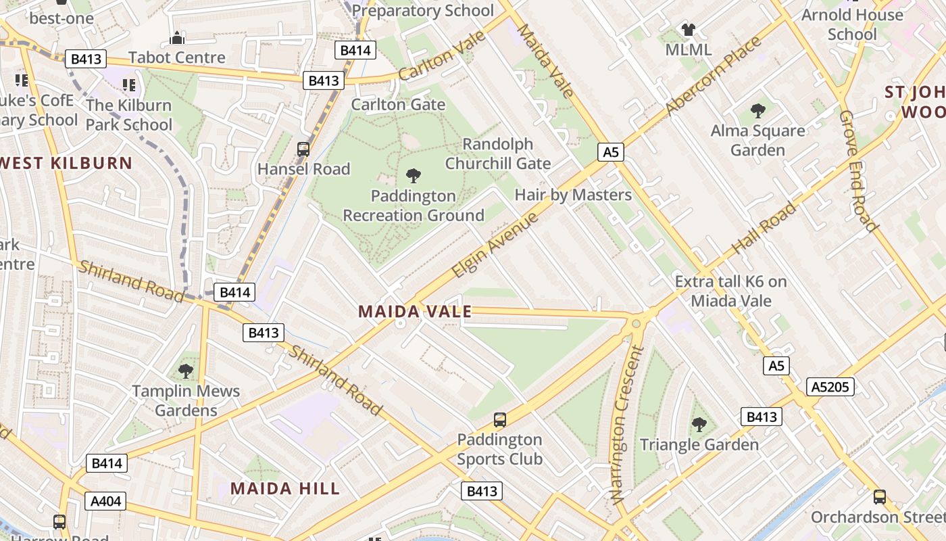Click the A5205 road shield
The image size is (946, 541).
click(830, 387)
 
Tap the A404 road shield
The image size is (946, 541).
click(105, 501)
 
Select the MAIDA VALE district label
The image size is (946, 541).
click(414, 312)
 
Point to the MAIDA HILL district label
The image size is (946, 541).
click(284, 488)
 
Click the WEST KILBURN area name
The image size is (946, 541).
click(66, 163)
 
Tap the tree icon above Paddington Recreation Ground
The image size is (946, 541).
click(413, 176)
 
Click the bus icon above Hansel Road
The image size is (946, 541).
click(303, 149)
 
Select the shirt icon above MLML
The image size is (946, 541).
click(688, 30)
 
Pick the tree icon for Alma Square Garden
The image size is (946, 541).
click(757, 111)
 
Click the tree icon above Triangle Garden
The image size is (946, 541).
click(699, 425)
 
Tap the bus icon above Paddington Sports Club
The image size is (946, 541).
click(499, 420)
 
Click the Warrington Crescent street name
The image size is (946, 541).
click(626, 425)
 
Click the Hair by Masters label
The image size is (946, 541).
click(573, 195)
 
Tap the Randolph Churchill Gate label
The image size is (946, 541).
click(498, 154)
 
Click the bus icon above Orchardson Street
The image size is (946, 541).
click(879, 497)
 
